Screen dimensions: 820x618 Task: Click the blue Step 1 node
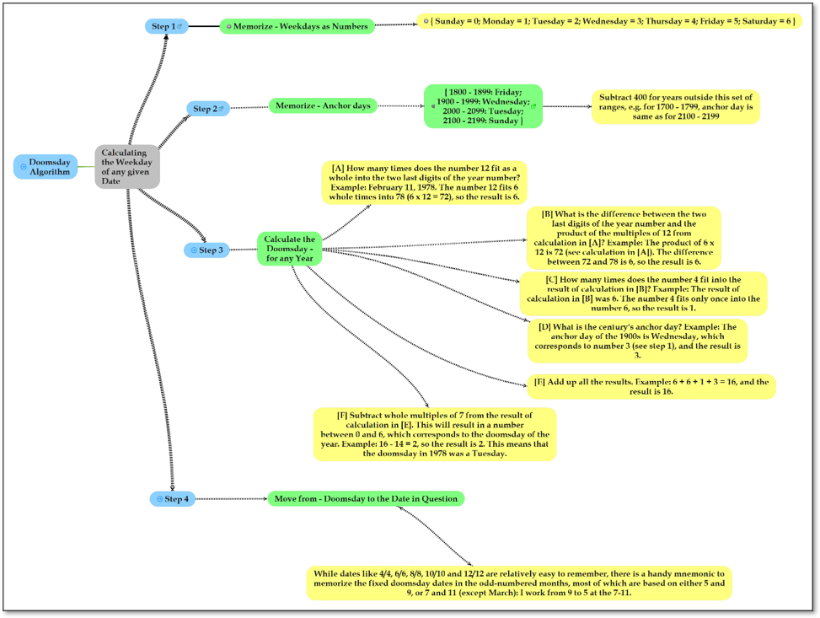pos(166,26)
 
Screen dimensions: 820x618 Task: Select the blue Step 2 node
pos(208,109)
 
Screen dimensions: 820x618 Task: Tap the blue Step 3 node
pos(206,250)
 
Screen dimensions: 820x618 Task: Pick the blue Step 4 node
pos(173,499)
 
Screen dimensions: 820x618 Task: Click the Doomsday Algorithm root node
pos(46,167)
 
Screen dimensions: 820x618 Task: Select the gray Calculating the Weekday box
pos(127,167)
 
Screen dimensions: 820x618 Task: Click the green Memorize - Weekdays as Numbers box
pos(297,26)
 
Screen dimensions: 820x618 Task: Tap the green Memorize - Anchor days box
pos(323,105)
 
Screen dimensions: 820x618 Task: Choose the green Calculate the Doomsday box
pos(290,249)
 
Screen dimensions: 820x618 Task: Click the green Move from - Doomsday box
pos(366,498)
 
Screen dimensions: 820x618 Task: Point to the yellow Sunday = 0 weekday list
pos(609,21)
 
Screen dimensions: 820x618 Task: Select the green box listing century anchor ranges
pos(483,106)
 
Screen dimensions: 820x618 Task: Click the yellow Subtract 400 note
pos(676,107)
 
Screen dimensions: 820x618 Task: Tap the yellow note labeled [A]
pos(424,183)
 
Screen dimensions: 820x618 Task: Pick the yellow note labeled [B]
pos(624,238)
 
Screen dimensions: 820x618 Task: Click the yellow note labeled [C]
pos(643,293)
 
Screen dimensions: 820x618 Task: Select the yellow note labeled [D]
pos(637,341)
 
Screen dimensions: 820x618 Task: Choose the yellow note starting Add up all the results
pos(651,387)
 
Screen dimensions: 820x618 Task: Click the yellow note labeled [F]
pos(435,434)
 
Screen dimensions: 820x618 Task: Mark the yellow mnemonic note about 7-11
pos(519,583)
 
